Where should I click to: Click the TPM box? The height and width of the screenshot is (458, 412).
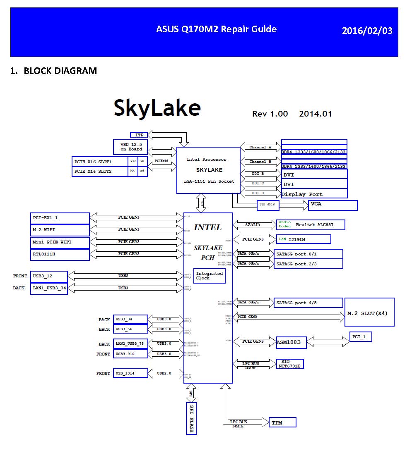tap(282, 422)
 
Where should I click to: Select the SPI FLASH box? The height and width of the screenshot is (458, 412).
tap(191, 418)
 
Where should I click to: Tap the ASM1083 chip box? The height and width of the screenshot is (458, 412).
tap(292, 342)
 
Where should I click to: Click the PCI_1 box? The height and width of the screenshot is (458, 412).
tap(361, 337)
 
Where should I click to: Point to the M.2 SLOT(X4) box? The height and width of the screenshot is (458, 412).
tap(369, 312)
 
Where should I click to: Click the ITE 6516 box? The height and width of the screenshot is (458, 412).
tap(267, 205)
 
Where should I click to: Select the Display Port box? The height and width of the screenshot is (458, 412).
tap(314, 194)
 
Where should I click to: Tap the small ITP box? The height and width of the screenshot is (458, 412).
tap(139, 135)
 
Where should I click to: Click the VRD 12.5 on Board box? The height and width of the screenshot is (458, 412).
tap(131, 147)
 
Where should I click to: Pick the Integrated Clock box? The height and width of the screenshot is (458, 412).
tap(210, 276)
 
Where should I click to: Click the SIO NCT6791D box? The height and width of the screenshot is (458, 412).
tap(290, 364)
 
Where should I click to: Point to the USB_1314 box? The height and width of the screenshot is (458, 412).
tap(130, 374)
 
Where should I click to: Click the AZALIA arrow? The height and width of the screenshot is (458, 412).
tap(253, 224)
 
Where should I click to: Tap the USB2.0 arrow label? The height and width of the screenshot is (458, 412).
tap(164, 373)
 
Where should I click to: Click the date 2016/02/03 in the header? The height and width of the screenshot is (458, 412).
tap(367, 31)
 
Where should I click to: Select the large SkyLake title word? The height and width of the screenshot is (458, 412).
tap(157, 108)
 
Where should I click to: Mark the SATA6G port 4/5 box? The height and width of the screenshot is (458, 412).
tap(308, 303)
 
